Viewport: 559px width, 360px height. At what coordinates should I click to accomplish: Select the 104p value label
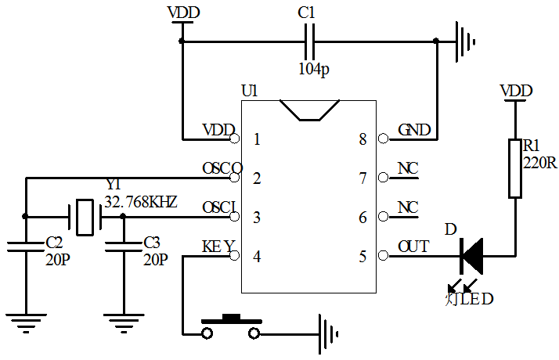click(314, 69)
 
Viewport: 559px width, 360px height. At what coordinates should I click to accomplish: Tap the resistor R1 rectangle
click(515, 168)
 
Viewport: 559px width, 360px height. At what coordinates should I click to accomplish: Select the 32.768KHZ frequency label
click(140, 201)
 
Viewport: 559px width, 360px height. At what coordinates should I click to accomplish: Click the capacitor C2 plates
click(26, 247)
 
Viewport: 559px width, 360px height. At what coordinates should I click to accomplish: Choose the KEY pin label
click(218, 247)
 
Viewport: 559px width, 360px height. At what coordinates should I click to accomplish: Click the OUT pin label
click(413, 247)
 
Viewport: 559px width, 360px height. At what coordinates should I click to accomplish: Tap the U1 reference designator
click(249, 91)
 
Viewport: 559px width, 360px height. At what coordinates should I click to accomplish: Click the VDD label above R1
click(515, 91)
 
